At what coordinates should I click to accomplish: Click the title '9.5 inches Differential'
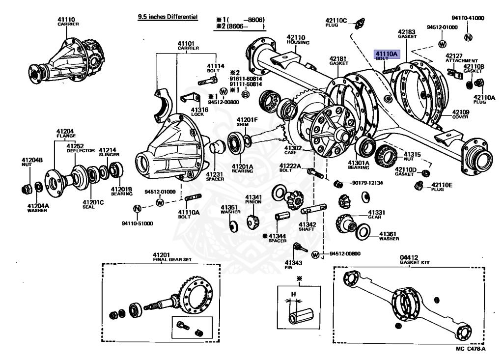point(168,17)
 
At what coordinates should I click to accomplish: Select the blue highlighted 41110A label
point(386,55)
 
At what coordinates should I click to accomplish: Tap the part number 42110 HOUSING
point(297,39)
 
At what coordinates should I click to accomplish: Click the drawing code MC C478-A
point(470,349)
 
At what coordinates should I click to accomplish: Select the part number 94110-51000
point(138,223)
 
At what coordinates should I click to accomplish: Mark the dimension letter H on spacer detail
point(294,295)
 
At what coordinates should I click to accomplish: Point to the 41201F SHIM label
point(247,122)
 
